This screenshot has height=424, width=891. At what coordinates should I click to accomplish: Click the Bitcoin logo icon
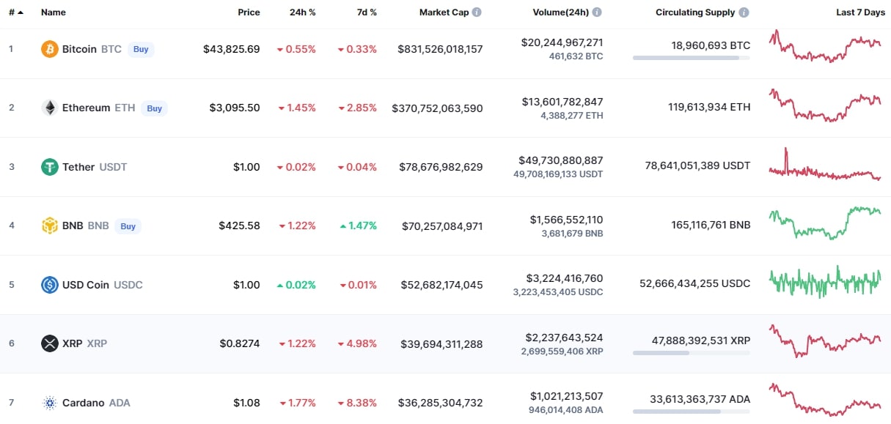click(50, 49)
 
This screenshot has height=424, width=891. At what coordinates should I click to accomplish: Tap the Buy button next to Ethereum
click(154, 108)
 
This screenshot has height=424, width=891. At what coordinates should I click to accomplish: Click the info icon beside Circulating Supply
click(744, 12)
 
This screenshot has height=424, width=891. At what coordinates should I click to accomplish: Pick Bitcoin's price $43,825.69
click(231, 49)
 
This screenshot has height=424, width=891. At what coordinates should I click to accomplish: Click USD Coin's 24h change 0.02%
click(296, 285)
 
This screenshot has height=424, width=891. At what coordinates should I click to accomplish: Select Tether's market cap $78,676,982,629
click(440, 167)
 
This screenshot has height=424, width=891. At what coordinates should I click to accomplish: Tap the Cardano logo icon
click(50, 403)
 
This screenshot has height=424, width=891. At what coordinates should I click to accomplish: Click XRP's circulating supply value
click(701, 340)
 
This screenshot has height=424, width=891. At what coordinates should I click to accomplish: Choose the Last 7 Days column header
click(860, 12)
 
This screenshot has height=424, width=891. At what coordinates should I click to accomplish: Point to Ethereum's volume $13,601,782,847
click(562, 102)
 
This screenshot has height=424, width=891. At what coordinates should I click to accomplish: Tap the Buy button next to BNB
click(128, 226)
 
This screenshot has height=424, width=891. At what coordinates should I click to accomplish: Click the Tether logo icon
click(50, 167)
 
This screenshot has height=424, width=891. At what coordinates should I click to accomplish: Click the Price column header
click(249, 12)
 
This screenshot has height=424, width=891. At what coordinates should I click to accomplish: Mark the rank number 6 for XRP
click(11, 343)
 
